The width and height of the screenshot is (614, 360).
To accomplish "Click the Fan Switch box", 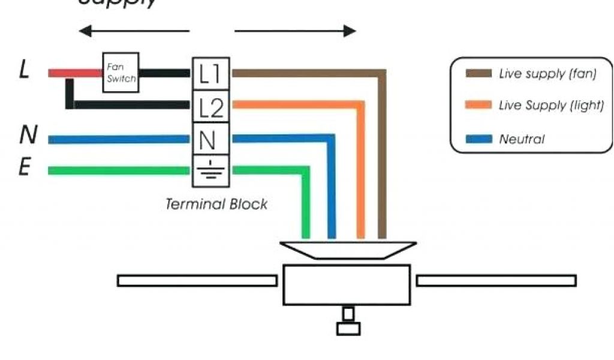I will click(x=121, y=73).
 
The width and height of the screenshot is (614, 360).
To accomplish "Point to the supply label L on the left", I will click(x=25, y=70).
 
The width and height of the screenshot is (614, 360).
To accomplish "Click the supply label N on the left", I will click(x=27, y=136).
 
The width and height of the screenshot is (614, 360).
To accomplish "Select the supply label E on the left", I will click(x=24, y=167).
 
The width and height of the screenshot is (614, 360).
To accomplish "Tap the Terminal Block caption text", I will click(x=216, y=204).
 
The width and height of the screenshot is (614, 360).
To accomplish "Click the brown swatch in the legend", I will click(x=479, y=74).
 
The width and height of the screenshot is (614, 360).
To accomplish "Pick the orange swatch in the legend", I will click(x=479, y=106).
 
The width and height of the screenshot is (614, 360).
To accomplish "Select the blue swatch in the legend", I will click(x=479, y=139).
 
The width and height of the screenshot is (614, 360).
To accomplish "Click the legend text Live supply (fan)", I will click(x=547, y=74).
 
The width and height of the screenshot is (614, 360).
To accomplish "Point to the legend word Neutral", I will click(x=522, y=139).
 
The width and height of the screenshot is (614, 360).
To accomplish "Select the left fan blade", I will click(x=197, y=280).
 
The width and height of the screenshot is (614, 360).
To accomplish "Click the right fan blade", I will click(x=496, y=280).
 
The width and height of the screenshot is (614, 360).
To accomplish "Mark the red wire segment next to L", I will click(x=74, y=73).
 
